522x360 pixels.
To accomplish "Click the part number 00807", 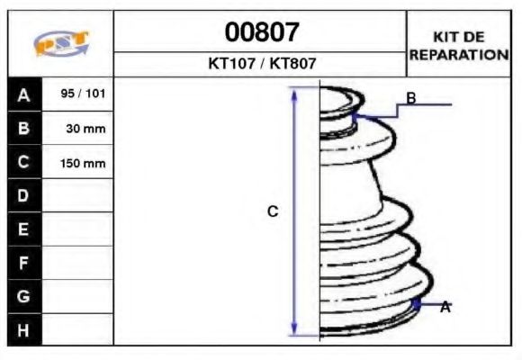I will pyautogui.click(x=261, y=33).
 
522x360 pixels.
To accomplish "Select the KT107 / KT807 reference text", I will pyautogui.click(x=261, y=64).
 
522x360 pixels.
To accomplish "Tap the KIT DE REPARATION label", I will pyautogui.click(x=459, y=45).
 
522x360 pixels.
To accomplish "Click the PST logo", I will pyautogui.click(x=60, y=44).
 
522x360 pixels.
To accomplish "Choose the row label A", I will pyautogui.click(x=23, y=94).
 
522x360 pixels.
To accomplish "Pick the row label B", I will pyautogui.click(x=23, y=129).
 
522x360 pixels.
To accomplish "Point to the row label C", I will pyautogui.click(x=23, y=163).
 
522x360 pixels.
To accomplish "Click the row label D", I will pyautogui.click(x=23, y=196).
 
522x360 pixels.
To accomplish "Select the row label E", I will pyautogui.click(x=23, y=229).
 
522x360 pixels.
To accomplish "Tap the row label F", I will pyautogui.click(x=23, y=263).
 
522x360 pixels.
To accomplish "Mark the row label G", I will pyautogui.click(x=23, y=296).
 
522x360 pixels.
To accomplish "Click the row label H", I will pyautogui.click(x=23, y=329).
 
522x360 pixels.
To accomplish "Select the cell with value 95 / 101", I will pyautogui.click(x=78, y=94).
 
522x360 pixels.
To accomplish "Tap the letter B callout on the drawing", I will pyautogui.click(x=410, y=98).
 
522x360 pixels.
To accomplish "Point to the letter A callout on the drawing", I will pyautogui.click(x=445, y=307).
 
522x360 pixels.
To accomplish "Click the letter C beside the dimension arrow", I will pyautogui.click(x=274, y=211).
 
